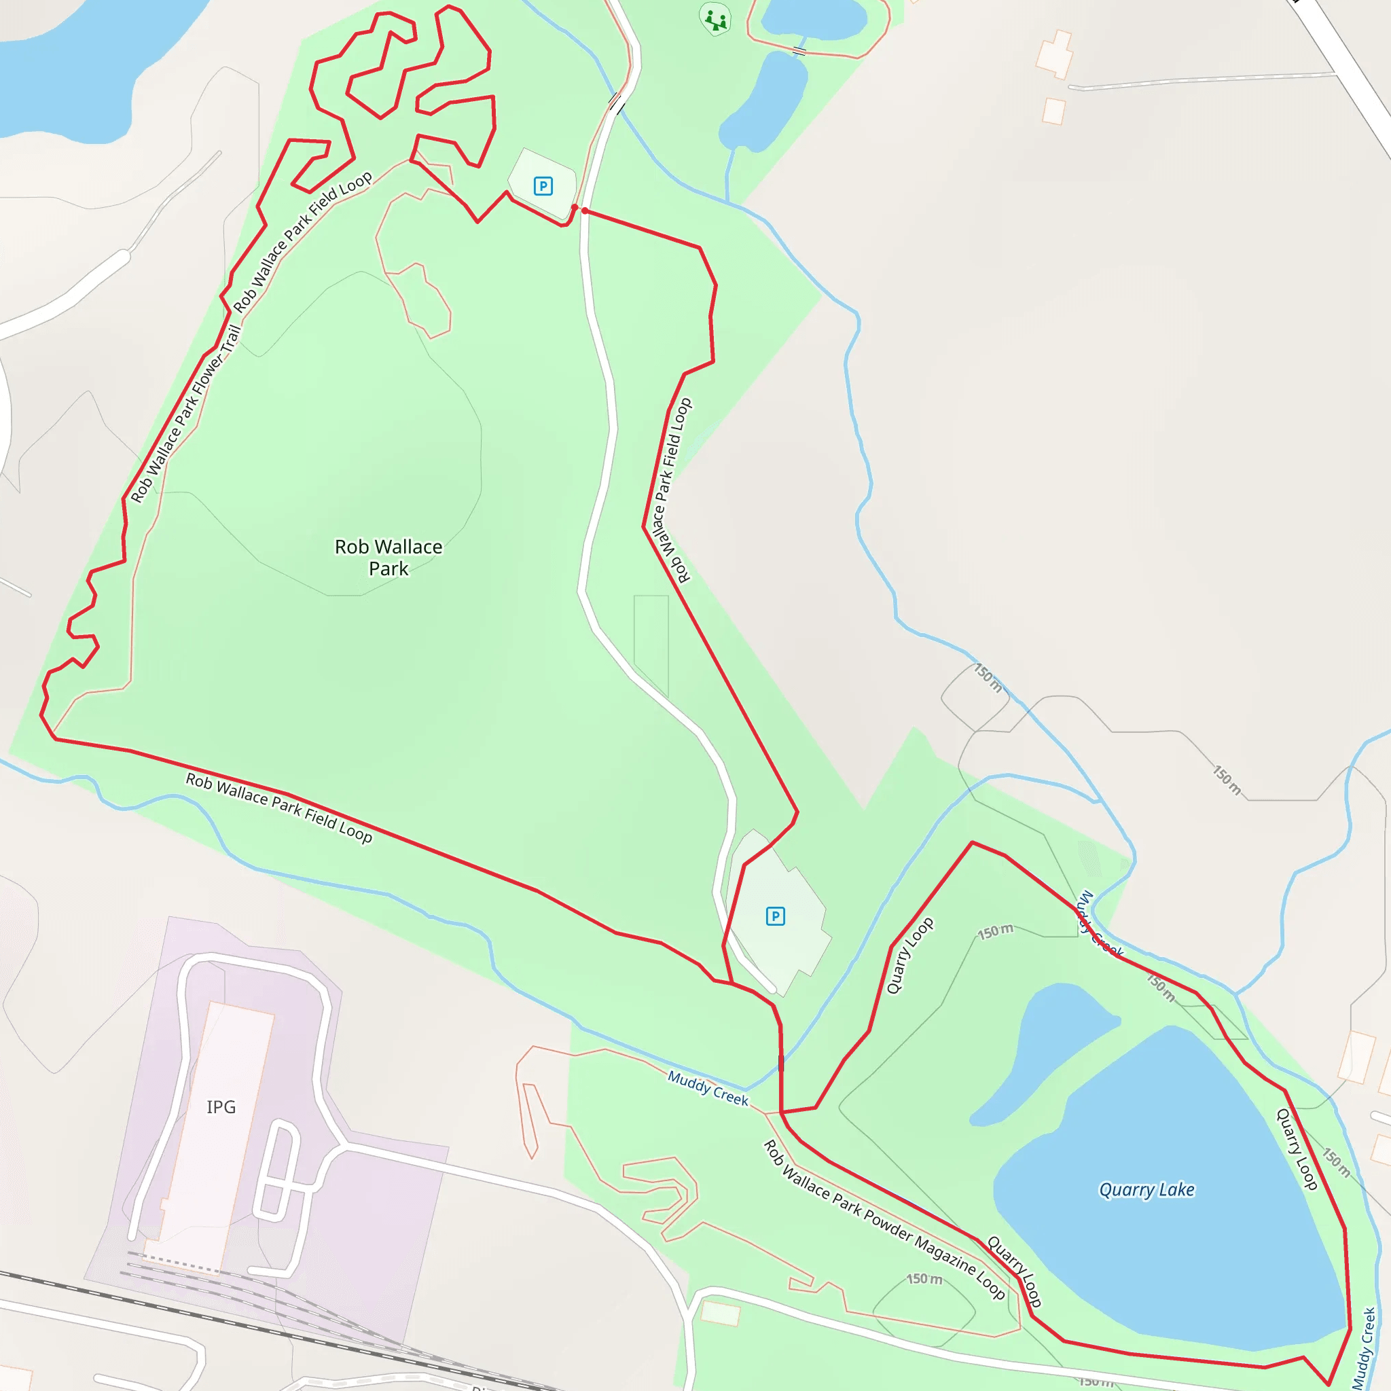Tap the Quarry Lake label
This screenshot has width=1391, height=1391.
point(1146,1190)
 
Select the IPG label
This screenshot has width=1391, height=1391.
point(221,1106)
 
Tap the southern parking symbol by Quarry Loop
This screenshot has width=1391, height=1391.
point(776,916)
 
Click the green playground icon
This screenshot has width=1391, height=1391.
point(715,20)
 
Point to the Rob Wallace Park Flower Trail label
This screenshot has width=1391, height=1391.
point(185,414)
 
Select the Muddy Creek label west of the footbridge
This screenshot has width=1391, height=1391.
point(708,1088)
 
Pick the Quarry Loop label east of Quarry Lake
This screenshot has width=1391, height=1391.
point(1297,1149)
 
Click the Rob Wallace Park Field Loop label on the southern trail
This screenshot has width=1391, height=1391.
point(279,807)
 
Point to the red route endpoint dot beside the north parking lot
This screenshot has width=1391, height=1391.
point(575,208)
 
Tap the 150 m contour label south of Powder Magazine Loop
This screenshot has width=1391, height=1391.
point(924,1279)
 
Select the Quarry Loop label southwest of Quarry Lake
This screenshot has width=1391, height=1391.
point(1015,1270)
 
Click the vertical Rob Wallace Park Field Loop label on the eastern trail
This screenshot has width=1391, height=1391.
point(671,490)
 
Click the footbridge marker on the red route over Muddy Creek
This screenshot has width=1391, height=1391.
point(781,1064)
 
